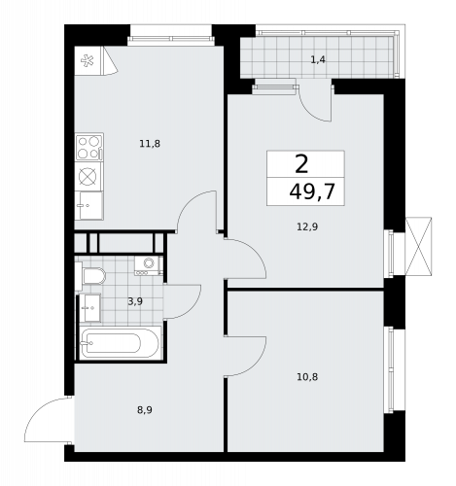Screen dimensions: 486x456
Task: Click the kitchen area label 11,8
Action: click(x=149, y=144)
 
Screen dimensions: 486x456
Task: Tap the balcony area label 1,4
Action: click(x=318, y=60)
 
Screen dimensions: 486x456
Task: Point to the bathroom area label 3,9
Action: click(x=135, y=301)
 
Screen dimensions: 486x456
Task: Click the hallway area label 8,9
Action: click(x=144, y=409)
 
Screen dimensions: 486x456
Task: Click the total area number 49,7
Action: click(x=311, y=191)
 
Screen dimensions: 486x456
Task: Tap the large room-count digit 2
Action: click(x=302, y=163)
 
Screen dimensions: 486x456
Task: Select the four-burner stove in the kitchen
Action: click(x=89, y=148)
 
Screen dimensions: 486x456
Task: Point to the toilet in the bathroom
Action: click(x=93, y=277)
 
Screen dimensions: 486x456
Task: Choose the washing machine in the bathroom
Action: click(x=149, y=262)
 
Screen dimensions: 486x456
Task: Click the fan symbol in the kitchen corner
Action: click(x=89, y=60)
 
